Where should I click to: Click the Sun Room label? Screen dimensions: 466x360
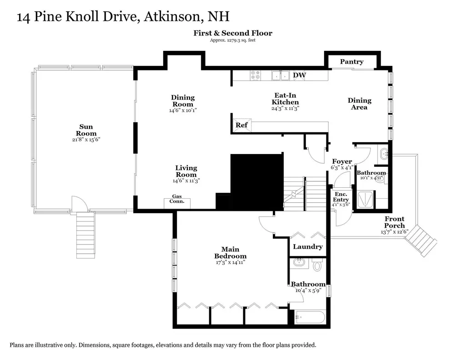[x=86, y=130]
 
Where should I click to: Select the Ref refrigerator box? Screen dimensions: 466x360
[x=241, y=125]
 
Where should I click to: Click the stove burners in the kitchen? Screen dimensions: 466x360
[x=256, y=75]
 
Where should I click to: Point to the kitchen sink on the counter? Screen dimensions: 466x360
[x=281, y=75]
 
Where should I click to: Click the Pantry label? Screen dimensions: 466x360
[x=351, y=61]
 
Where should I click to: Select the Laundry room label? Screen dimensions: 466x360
[x=308, y=246]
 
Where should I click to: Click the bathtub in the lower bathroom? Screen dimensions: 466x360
[x=310, y=317]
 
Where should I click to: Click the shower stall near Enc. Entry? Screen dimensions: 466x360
[x=366, y=199]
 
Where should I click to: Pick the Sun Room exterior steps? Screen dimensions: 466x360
[x=85, y=235]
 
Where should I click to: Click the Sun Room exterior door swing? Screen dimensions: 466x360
[x=80, y=204]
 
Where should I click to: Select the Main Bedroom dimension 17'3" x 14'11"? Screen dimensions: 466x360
[x=230, y=262]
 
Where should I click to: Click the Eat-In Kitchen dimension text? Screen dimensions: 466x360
[x=285, y=109]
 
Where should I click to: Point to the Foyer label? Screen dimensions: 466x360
[x=342, y=161]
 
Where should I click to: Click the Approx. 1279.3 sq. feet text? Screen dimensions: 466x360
[x=233, y=40]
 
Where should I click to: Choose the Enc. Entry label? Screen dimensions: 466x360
[x=341, y=197]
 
